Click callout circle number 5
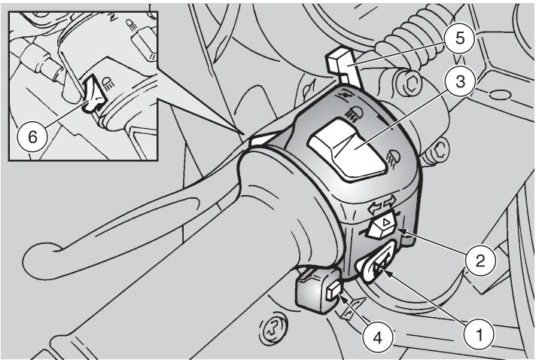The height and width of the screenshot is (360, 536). pyautogui.click(x=460, y=38)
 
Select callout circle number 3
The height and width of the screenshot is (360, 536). pyautogui.click(x=460, y=82)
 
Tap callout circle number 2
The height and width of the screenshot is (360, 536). pyautogui.click(x=480, y=260)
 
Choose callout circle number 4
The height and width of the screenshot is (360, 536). pyautogui.click(x=377, y=338)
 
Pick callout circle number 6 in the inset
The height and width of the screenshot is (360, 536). pyautogui.click(x=32, y=137)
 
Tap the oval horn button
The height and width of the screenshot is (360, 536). pyautogui.click(x=376, y=261)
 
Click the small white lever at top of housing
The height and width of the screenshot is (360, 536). pyautogui.click(x=343, y=66)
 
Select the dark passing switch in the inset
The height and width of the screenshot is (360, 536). pyautogui.click(x=94, y=93)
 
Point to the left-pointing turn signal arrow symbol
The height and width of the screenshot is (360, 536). pyautogui.click(x=374, y=208)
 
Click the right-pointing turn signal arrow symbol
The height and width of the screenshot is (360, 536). pyautogui.click(x=390, y=201)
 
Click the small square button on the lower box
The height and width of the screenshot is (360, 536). pyautogui.click(x=333, y=291)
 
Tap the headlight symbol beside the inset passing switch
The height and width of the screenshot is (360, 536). pyautogui.click(x=108, y=83)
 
